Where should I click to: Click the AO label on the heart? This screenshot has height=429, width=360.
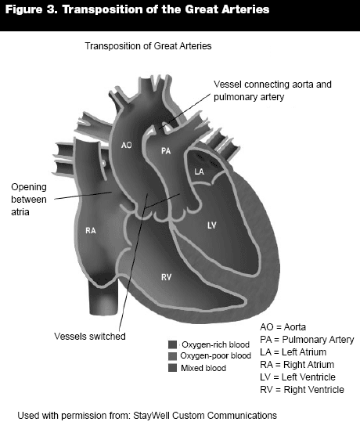click(126, 145)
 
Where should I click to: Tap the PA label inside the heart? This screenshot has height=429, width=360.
click(166, 151)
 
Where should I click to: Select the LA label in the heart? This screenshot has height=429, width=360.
click(199, 171)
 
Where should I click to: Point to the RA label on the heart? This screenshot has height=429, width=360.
click(91, 231)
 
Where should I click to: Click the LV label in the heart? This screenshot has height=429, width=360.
click(212, 225)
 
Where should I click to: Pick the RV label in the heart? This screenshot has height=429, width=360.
click(167, 277)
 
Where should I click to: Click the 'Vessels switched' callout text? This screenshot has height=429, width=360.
click(90, 337)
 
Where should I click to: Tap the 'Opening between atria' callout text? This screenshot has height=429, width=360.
click(29, 200)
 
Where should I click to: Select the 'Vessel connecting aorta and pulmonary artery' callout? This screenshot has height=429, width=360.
click(272, 91)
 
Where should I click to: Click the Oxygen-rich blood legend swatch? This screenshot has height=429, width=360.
click(173, 344)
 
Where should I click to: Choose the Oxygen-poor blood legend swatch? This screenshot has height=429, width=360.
click(173, 356)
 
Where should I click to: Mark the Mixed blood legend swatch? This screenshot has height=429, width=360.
click(173, 368)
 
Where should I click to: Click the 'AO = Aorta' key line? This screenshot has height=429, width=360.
click(283, 327)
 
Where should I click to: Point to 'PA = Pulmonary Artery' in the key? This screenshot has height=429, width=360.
click(307, 340)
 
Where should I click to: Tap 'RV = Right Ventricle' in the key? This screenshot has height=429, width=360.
click(302, 390)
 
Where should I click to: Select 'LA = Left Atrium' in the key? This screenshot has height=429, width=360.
click(293, 351)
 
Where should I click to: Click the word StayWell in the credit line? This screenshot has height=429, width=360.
click(151, 416)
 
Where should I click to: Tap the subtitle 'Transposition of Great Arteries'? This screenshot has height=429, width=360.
click(148, 46)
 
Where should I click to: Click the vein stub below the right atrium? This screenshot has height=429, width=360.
click(104, 300)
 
